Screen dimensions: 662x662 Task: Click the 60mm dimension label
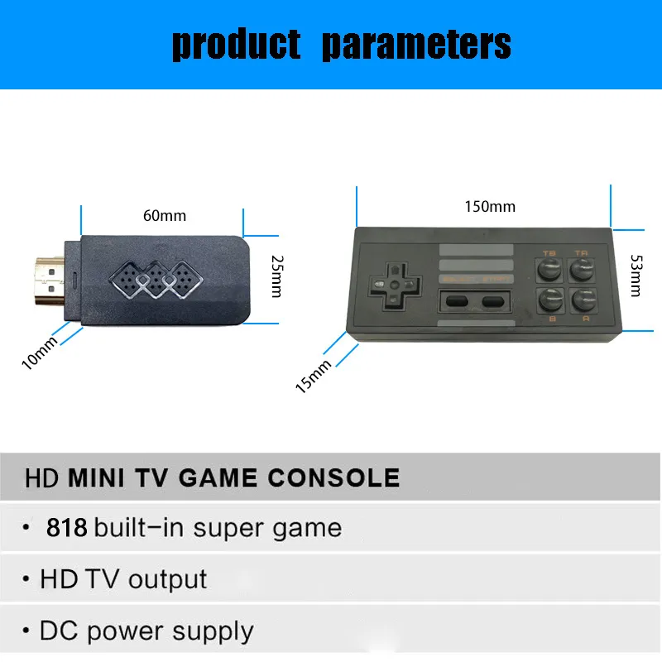[165, 216]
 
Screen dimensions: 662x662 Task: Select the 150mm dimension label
[489, 206]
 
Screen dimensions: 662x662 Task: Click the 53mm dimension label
[635, 275]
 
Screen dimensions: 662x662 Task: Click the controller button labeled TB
[549, 269]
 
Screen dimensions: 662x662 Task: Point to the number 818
[67, 527]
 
